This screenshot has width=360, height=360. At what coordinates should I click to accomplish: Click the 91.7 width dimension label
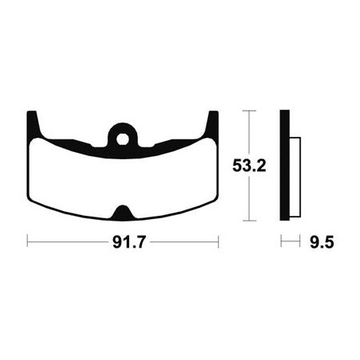pos(129,242)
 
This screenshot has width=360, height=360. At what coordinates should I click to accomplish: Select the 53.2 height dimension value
pos(249,166)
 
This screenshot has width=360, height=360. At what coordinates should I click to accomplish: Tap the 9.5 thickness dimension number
pos(322,242)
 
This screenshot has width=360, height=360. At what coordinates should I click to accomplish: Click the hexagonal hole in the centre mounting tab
pos(123,139)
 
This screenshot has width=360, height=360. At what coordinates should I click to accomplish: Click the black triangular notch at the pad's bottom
pos(123,213)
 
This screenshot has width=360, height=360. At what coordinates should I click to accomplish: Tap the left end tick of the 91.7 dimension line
pos(27,241)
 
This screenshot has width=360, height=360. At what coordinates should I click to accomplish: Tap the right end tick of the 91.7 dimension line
pos(218,241)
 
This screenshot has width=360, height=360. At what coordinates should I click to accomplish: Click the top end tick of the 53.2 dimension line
pos(249,111)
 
